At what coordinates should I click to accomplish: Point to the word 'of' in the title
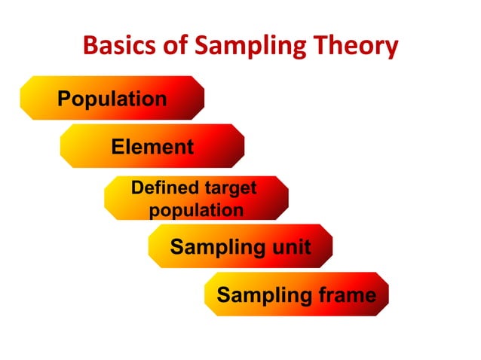tap(178, 47)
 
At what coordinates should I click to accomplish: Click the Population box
tap(112, 99)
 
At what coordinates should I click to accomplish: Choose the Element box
tap(152, 146)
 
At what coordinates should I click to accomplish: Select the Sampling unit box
tap(240, 246)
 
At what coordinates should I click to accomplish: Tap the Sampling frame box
tap(296, 294)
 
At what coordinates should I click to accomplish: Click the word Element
tap(152, 147)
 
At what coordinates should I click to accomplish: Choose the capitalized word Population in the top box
tap(112, 99)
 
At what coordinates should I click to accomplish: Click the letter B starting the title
tap(90, 47)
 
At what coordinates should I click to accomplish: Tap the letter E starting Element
tap(118, 147)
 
